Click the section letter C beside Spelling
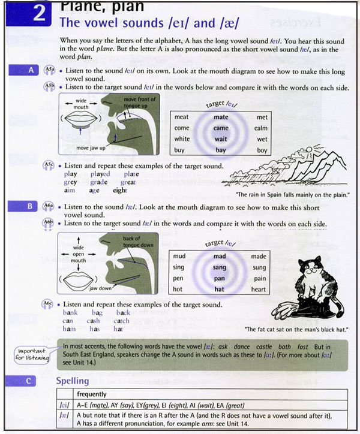click(x=31, y=380)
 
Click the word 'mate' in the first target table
click(x=221, y=117)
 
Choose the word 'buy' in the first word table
click(x=179, y=150)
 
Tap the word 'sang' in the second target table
click(x=220, y=268)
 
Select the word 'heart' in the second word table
click(x=259, y=290)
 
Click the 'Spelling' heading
click(x=72, y=381)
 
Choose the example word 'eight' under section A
click(x=120, y=191)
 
